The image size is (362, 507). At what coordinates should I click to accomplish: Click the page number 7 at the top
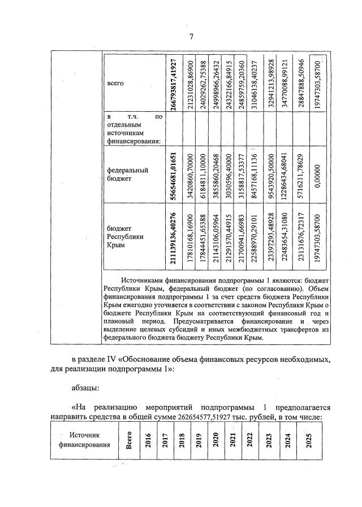click(191, 37)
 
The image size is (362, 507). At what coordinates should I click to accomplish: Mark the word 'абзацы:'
click(85, 388)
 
